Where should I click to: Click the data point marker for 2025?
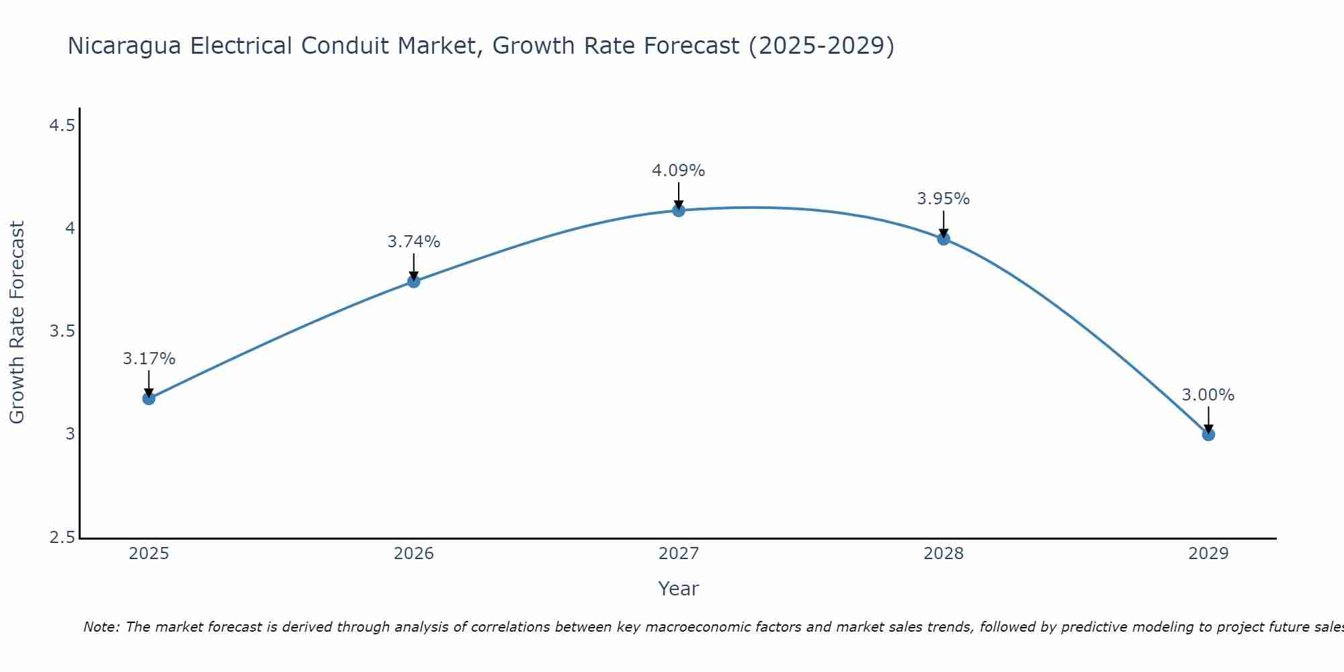pyautogui.click(x=149, y=398)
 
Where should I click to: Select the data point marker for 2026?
pyautogui.click(x=414, y=281)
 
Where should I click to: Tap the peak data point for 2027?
pyautogui.click(x=679, y=210)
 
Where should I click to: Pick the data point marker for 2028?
pyautogui.click(x=943, y=239)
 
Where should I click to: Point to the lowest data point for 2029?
pyautogui.click(x=1208, y=434)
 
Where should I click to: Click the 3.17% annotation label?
pyautogui.click(x=149, y=359)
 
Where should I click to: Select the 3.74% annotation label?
pyautogui.click(x=414, y=242)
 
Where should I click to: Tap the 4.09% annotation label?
pyautogui.click(x=679, y=171)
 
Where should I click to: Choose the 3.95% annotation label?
pyautogui.click(x=943, y=199)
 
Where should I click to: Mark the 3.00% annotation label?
pyautogui.click(x=1208, y=395)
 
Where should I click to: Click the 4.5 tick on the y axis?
pyautogui.click(x=62, y=126)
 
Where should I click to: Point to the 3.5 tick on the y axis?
pyautogui.click(x=62, y=331)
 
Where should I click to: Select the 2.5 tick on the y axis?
pyautogui.click(x=62, y=538)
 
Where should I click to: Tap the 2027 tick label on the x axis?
pyautogui.click(x=679, y=554)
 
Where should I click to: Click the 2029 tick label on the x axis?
pyautogui.click(x=1208, y=554)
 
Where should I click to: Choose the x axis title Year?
pyautogui.click(x=679, y=589)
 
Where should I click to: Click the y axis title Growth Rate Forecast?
pyautogui.click(x=17, y=323)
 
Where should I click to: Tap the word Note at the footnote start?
pyautogui.click(x=101, y=627)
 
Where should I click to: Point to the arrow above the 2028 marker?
pyautogui.click(x=943, y=224)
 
